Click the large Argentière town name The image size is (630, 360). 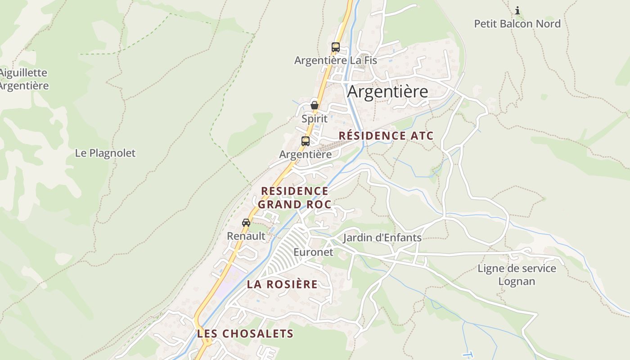click(x=387, y=92)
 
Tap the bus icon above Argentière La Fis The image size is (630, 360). click(x=335, y=47)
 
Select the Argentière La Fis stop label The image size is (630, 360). click(x=335, y=60)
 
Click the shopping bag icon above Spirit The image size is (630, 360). click(x=315, y=106)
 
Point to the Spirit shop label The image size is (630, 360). click(x=315, y=119)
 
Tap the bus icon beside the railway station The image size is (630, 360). click(x=306, y=141)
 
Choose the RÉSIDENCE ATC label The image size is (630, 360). click(x=386, y=135)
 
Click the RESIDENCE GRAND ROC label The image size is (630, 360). click(x=294, y=198)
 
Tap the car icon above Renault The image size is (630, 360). click(x=246, y=222)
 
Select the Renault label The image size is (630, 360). click(x=246, y=236)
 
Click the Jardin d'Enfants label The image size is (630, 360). click(x=382, y=238)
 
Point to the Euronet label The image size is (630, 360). click(x=313, y=252)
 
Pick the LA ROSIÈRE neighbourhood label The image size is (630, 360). click(x=282, y=284)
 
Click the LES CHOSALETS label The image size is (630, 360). click(x=245, y=333)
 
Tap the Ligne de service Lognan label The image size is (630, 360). click(x=517, y=275)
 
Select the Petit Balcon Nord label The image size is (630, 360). click(x=517, y=24)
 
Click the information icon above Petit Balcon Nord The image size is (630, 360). click(x=517, y=10)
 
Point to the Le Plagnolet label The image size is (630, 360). click(x=105, y=153)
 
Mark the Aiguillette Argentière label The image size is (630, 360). click(x=23, y=79)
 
